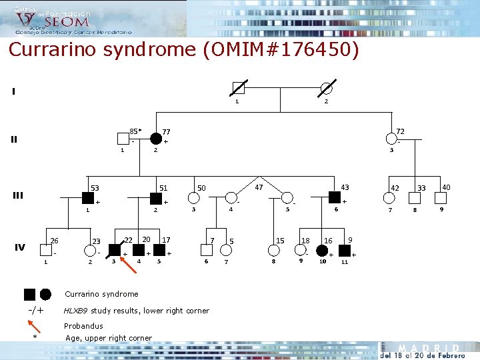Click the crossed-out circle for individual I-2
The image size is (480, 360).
(x=327, y=88)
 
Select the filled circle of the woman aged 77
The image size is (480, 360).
(x=156, y=139)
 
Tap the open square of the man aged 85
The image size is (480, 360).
(x=122, y=139)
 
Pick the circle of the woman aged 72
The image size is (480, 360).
(x=391, y=139)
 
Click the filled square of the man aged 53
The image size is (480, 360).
(x=87, y=197)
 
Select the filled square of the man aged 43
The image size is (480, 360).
(x=335, y=197)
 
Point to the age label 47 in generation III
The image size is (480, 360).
(x=259, y=187)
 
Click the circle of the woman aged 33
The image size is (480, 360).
(x=415, y=197)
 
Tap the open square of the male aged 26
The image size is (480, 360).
(x=46, y=251)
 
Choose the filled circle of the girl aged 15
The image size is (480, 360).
(x=274, y=251)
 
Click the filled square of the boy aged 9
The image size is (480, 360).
(x=345, y=251)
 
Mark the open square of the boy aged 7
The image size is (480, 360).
(x=206, y=251)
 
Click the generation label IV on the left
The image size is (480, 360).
(x=20, y=247)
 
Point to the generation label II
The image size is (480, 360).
(x=14, y=139)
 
